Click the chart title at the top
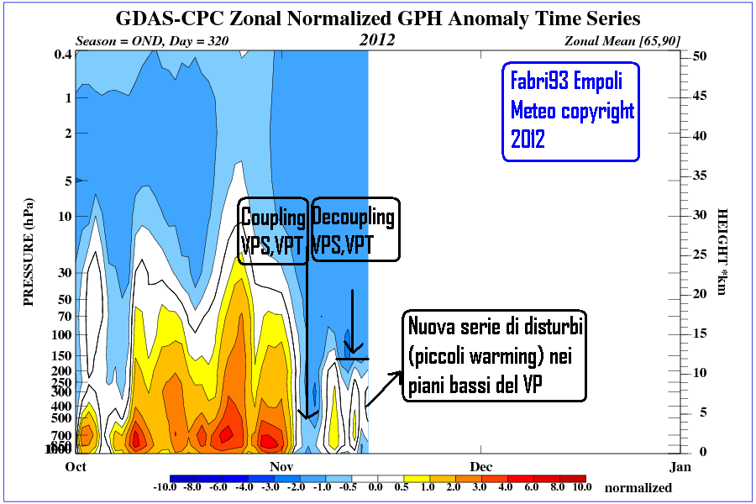tap(377, 18)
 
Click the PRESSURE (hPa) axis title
tap(29, 252)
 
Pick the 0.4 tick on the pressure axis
tap(61, 55)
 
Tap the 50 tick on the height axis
tap(697, 55)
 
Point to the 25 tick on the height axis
tap(697, 254)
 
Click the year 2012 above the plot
tap(378, 39)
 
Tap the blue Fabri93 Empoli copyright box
tap(571, 111)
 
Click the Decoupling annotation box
tap(353, 230)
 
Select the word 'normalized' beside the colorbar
tap(638, 487)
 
